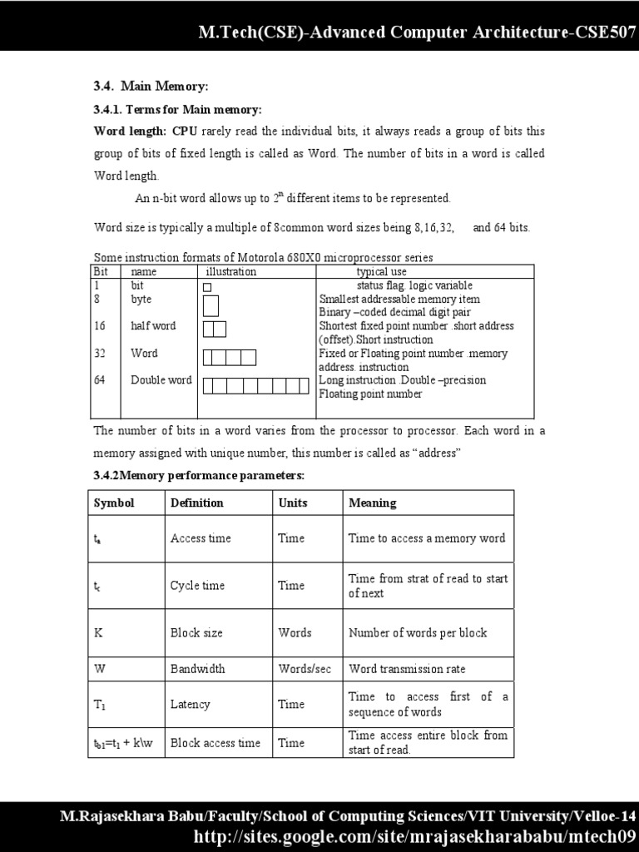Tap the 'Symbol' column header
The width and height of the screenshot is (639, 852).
tap(114, 503)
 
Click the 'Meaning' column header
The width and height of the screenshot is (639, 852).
tap(372, 503)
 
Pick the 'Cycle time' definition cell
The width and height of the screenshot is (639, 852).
tap(197, 585)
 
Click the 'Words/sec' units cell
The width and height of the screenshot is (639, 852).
tap(305, 668)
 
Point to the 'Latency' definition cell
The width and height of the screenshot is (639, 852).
tap(191, 704)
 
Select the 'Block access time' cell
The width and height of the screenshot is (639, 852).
tap(215, 743)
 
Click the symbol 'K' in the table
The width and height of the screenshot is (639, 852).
tap(97, 632)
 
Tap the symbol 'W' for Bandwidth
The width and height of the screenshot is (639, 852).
tap(99, 668)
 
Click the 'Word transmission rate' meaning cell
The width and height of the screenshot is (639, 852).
tap(407, 668)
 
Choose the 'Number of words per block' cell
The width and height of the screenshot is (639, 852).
tap(418, 632)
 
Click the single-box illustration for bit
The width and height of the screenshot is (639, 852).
tap(206, 286)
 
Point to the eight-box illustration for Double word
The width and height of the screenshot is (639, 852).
tap(256, 385)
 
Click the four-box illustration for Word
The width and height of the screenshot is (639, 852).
tap(230, 358)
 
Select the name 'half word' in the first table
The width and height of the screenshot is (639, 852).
tap(153, 325)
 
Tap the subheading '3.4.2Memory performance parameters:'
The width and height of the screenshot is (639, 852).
tap(199, 475)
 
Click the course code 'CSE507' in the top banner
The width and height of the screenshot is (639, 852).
tap(599, 32)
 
